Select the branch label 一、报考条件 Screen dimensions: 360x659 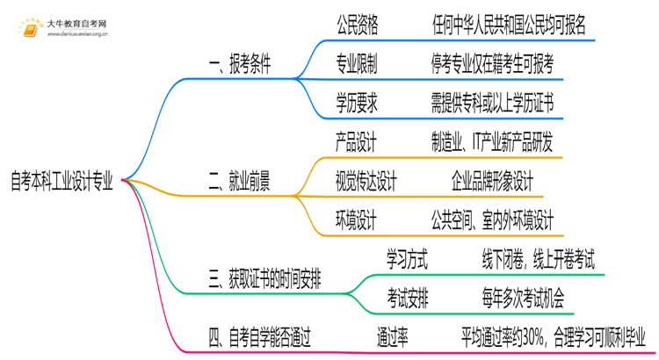pos(239,65)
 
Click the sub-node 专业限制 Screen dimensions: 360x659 pos(357,65)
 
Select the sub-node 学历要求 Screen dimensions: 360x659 pos(357,103)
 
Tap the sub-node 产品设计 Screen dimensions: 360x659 pos(357,141)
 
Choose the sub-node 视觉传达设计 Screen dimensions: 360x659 pos(366,183)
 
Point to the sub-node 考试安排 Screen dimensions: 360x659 pos(408,299)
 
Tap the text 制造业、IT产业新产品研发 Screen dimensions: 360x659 pos(491,141)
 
